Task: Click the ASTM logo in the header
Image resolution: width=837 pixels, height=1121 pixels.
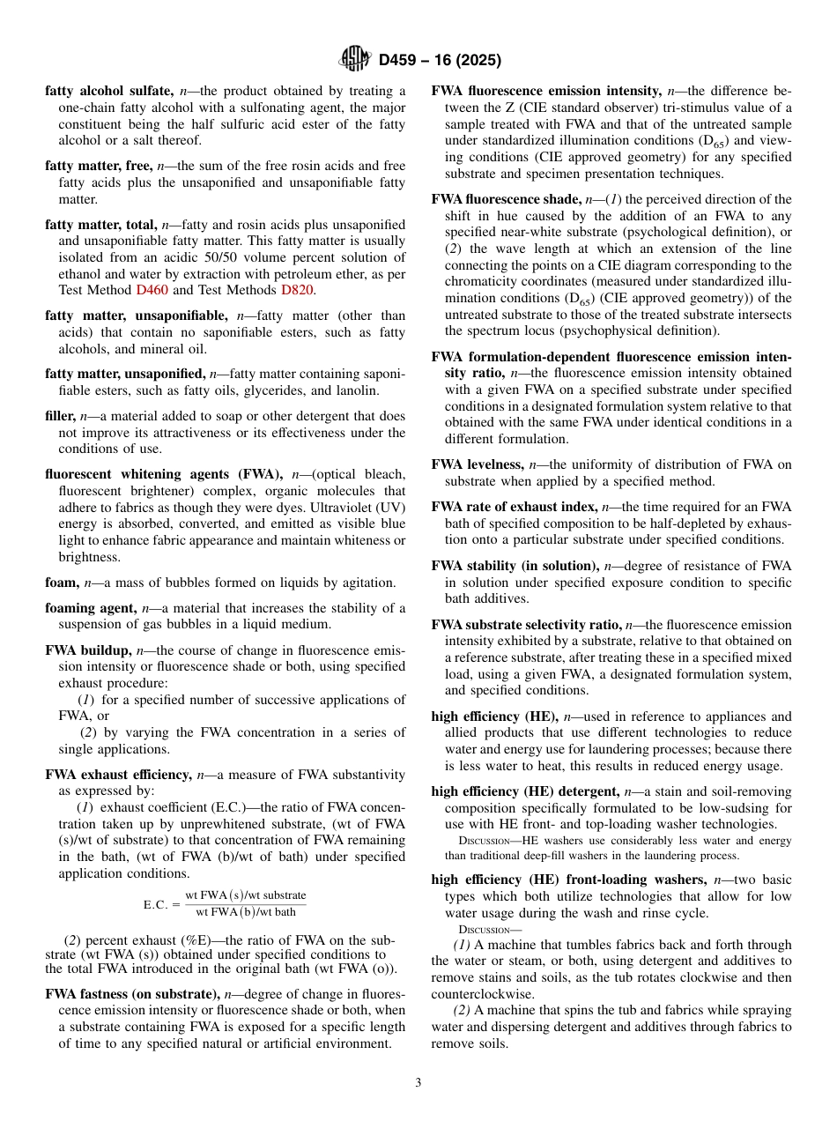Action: [355, 60]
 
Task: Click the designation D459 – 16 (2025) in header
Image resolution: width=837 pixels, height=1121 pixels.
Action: [440, 61]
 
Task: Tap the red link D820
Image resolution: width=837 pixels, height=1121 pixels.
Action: [296, 289]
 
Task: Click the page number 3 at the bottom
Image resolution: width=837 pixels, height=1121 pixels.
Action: [418, 1083]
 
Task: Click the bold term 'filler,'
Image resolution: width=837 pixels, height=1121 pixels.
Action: [60, 416]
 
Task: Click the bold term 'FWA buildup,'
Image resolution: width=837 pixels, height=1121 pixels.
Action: [87, 650]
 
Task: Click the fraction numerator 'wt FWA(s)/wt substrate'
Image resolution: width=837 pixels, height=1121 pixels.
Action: [246, 895]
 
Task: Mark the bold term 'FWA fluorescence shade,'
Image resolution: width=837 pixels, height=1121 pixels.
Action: [507, 199]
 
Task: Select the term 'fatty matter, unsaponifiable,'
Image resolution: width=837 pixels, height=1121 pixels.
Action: [138, 316]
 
